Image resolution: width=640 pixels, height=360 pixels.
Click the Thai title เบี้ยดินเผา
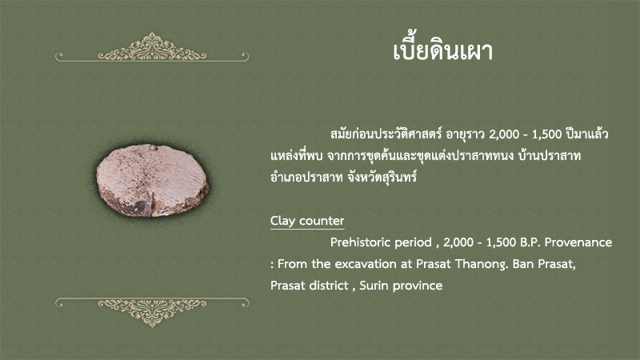point(443,51)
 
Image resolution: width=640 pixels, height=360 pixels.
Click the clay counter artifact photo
point(152,180)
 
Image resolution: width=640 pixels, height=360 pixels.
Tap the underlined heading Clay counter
point(307,221)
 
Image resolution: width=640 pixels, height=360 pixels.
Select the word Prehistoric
point(381,242)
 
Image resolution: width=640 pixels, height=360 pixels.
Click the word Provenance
point(578,242)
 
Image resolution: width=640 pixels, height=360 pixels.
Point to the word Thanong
point(482,264)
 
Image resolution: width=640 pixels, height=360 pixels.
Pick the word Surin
point(374,286)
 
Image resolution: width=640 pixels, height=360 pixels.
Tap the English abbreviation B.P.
point(530,242)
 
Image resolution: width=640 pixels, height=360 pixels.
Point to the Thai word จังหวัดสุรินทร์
point(382,177)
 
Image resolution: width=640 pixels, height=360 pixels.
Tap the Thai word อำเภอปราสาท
point(306,177)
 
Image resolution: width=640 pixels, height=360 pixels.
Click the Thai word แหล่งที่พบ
point(296,155)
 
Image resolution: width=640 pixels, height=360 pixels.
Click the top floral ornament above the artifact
point(152,47)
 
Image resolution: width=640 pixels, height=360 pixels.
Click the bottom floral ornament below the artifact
point(152,312)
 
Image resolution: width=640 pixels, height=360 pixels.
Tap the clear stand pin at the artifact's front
point(149,203)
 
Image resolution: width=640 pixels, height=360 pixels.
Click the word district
point(330,286)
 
